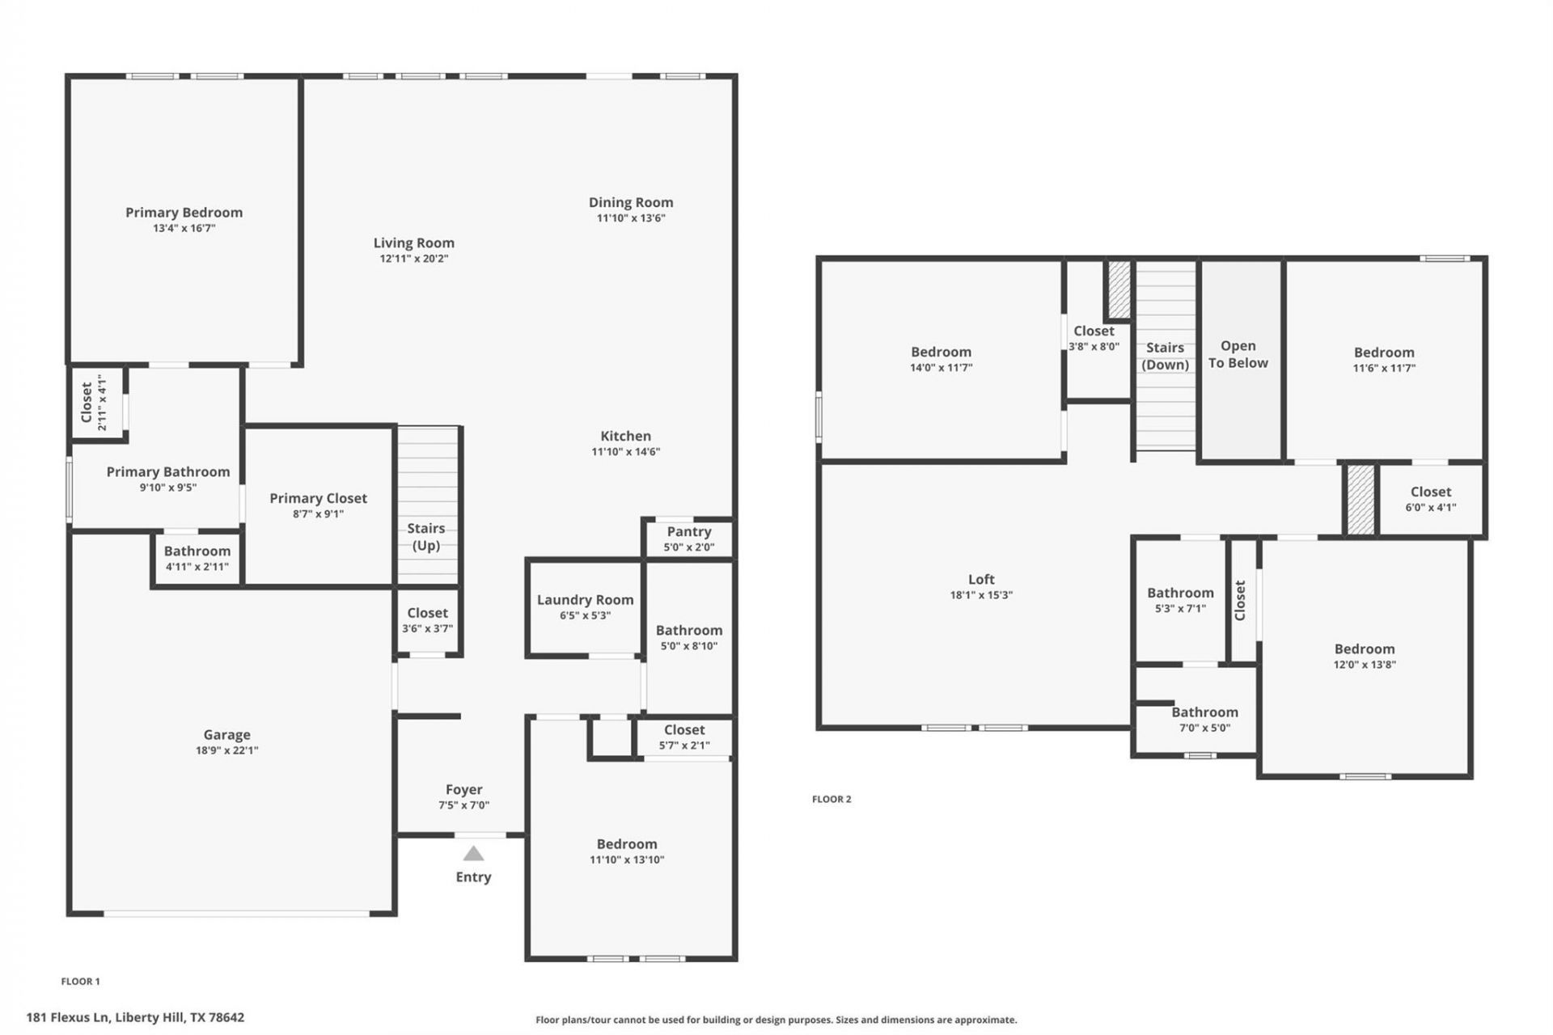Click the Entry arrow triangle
[x=473, y=854]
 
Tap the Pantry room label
[x=689, y=531]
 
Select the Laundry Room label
[x=585, y=599]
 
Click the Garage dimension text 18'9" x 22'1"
[x=226, y=750]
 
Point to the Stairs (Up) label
[x=426, y=536]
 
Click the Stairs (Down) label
[x=1165, y=356]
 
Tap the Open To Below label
[x=1238, y=354]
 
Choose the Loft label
[x=981, y=579]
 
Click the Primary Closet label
[x=318, y=498]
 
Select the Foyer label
[x=463, y=789]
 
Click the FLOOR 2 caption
[x=832, y=799]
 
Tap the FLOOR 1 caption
[x=81, y=982]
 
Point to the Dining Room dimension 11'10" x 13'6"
[x=631, y=218]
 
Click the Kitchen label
[x=625, y=436]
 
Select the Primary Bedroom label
[x=184, y=213]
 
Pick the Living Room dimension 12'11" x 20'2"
[x=414, y=259]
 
